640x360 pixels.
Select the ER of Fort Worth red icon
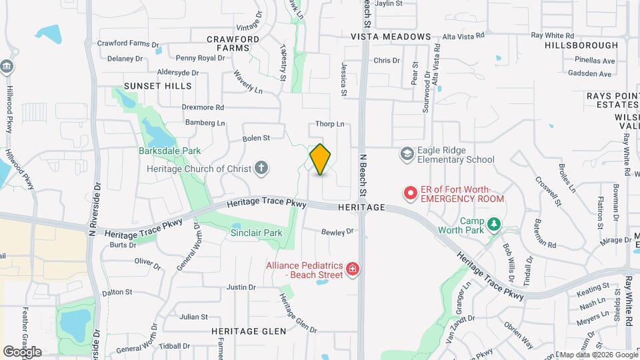tap(411, 194)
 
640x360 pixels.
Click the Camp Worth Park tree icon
tap(493, 225)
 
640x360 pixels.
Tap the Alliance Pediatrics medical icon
tap(352, 270)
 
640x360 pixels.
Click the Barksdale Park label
tap(169, 151)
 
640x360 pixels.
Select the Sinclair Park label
tap(256, 233)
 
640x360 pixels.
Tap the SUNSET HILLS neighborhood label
tap(157, 86)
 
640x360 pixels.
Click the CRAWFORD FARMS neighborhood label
tap(233, 43)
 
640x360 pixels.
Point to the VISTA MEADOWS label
tap(391, 37)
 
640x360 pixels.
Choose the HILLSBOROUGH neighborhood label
tap(581, 45)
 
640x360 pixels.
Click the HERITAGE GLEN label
tap(249, 331)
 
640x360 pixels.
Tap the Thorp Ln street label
tap(329, 124)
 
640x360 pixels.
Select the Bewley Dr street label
tap(337, 232)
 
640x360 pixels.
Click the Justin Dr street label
tap(241, 287)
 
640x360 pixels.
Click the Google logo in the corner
tap(22, 351)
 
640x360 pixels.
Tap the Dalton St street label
tap(117, 293)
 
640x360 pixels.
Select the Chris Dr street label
tap(387, 61)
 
